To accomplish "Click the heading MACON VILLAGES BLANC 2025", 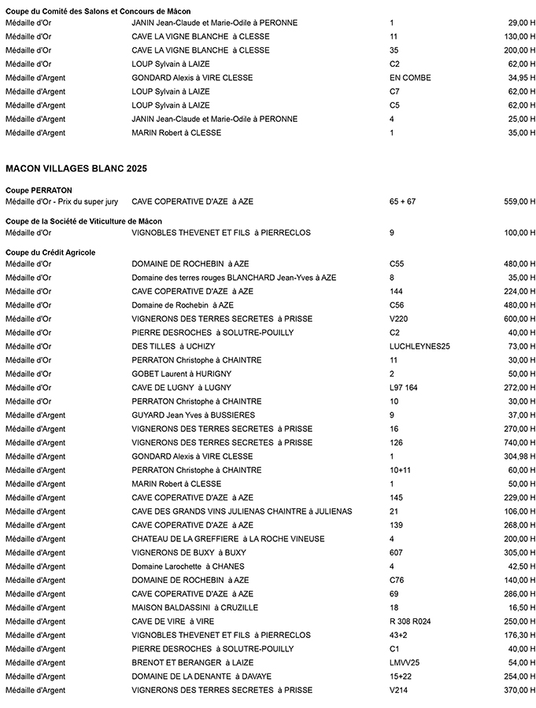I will point(76,168).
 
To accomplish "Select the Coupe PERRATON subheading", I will point(39,190).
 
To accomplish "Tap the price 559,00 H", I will point(519,202).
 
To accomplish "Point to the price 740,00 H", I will point(519,442).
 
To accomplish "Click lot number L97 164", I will point(404,387).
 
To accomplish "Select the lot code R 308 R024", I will point(410,621).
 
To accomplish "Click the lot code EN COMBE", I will point(410,78).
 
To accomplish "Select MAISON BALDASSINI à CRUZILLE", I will point(194,607).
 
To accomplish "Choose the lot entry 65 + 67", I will point(402,202).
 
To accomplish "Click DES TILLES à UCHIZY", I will point(173,346).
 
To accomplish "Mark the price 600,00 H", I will point(519,319).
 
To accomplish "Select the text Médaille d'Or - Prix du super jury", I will point(61,202).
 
